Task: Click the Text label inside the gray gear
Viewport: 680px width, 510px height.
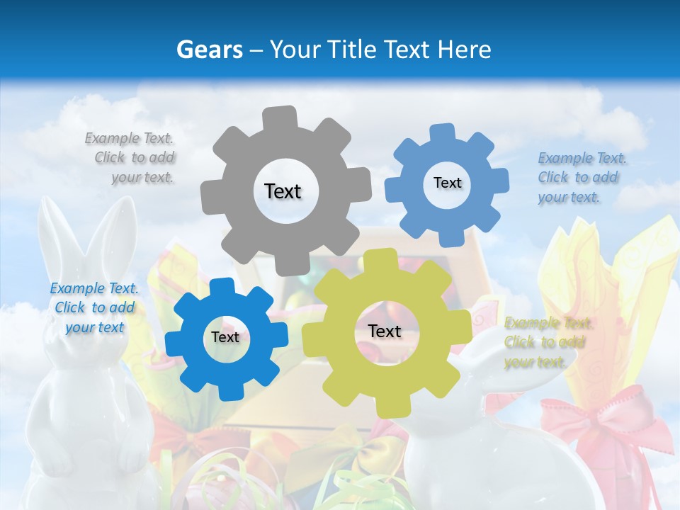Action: (283, 191)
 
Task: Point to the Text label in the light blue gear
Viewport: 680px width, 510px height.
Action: (447, 183)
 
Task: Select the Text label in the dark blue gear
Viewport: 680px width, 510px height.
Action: (225, 337)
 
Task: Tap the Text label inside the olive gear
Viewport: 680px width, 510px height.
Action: (385, 331)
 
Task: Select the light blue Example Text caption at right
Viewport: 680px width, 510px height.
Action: (579, 177)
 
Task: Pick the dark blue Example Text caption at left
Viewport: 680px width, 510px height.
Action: (94, 307)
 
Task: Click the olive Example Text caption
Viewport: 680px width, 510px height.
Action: (547, 342)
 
